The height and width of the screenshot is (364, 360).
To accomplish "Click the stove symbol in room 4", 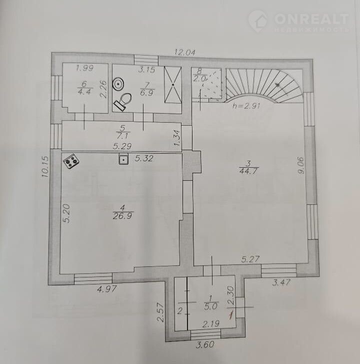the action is pos(71,161).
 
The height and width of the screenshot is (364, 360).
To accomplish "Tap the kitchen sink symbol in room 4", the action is pos(124,159).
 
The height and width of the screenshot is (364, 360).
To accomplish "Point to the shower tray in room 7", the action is pos(172,85).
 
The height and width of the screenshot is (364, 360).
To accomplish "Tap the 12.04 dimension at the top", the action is pos(185,53).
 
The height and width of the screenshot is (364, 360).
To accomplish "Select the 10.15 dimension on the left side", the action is pos(45,167).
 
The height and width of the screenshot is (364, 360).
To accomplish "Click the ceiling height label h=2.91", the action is pos(246,106).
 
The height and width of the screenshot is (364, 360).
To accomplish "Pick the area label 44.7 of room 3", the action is pos(248,171).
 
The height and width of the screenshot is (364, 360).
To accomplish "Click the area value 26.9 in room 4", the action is pos(122,216).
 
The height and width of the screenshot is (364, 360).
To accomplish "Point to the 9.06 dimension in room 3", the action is pos(300,166).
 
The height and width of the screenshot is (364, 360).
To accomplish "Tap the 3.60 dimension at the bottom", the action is pos(204,344).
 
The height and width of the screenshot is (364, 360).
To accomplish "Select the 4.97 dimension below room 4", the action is pos(106,289).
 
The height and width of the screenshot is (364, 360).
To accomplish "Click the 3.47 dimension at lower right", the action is pos(281,282).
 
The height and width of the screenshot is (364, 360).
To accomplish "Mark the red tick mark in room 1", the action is pos(230,315).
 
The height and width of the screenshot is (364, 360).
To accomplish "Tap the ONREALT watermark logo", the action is pos(298,21).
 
